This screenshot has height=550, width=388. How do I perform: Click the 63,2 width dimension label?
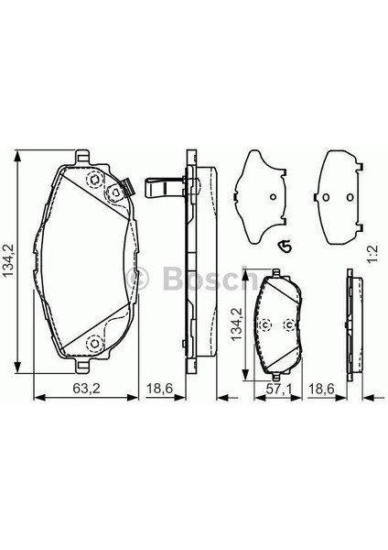click(86, 389)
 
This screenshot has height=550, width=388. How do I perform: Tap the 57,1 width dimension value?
click(279, 389)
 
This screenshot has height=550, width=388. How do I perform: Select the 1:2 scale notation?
click(372, 255)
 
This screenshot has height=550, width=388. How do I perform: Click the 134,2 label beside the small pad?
click(237, 324)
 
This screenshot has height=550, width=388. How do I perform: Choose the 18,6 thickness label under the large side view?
click(159, 389)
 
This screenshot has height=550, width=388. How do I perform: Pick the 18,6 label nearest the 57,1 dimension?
click(321, 389)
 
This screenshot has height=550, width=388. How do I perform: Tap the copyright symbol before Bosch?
click(137, 279)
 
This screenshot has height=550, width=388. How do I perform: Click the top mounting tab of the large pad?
click(82, 157)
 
